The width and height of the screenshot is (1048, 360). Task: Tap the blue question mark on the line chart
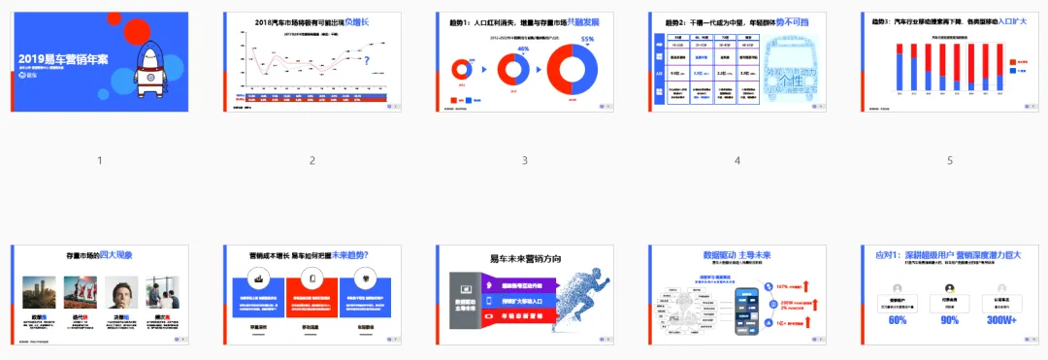(366, 63)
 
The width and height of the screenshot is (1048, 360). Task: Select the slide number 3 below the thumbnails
(524, 161)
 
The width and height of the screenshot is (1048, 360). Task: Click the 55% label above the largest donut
(586, 40)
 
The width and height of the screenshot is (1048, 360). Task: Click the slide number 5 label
(950, 161)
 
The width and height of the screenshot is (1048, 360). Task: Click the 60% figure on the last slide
(898, 321)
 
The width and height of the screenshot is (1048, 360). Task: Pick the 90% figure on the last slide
(949, 321)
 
